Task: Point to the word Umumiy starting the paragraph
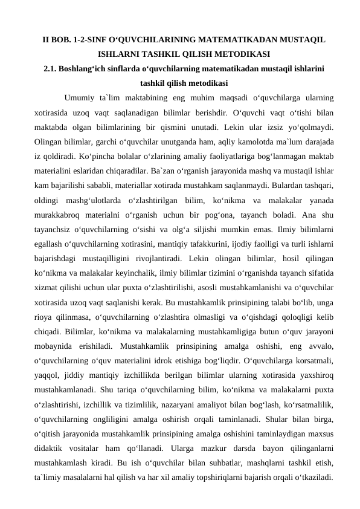(x=79, y=97)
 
